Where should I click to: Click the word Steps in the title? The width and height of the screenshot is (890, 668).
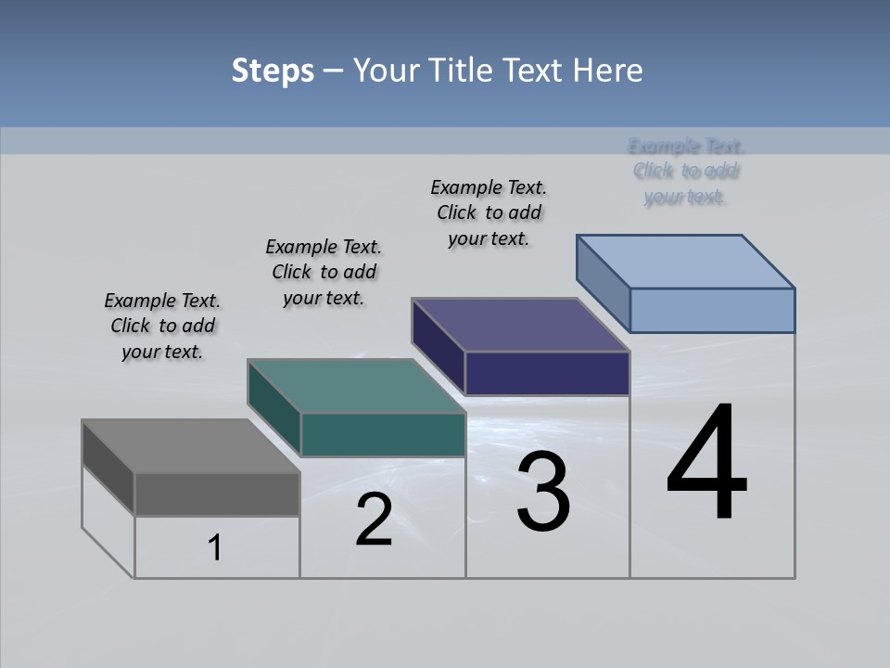(x=273, y=71)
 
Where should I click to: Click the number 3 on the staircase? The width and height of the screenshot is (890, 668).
(x=543, y=492)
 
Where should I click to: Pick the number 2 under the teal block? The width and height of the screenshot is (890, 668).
(x=374, y=520)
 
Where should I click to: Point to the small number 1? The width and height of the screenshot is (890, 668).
(x=215, y=548)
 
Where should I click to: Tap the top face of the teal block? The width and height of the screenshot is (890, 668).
(x=355, y=386)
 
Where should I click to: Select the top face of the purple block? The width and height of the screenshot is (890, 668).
(x=520, y=325)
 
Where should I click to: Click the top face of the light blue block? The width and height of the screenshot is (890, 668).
(x=685, y=261)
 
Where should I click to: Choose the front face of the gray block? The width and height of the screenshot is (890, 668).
(x=217, y=495)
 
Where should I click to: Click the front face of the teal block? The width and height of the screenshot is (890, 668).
(x=383, y=435)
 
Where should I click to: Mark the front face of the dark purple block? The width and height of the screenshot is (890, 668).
(x=547, y=374)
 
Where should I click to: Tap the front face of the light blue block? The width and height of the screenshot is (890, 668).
(x=712, y=310)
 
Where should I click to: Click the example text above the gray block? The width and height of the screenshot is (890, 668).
(x=162, y=326)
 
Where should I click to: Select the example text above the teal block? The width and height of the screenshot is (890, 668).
(x=324, y=272)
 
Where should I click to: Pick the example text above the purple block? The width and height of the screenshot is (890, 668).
(x=489, y=212)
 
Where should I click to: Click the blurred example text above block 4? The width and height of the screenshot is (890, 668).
(x=686, y=171)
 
